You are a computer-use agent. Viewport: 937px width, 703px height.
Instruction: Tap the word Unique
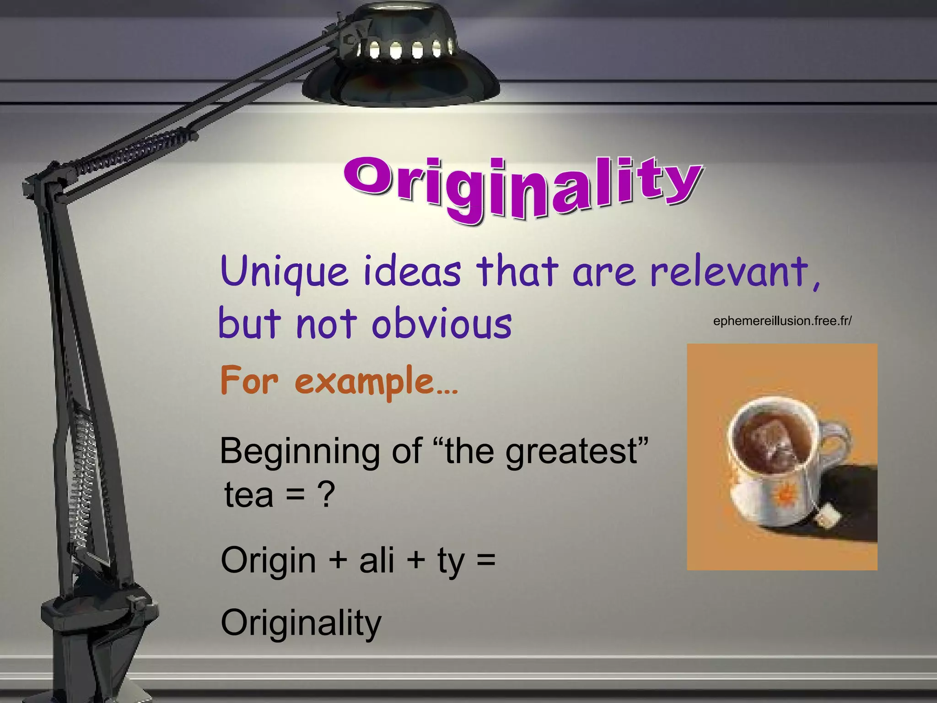point(284,272)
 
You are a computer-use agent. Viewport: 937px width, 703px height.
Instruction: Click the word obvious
point(442,324)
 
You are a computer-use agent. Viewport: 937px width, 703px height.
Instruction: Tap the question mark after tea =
point(326,496)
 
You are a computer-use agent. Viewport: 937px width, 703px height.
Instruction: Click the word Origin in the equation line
point(268,561)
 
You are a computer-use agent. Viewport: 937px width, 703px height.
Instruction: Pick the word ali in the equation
point(376,561)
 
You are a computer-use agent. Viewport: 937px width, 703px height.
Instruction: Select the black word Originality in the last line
point(301,623)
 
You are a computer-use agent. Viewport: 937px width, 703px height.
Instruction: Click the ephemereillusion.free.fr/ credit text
point(782,321)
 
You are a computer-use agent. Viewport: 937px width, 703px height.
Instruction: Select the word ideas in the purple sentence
point(412,272)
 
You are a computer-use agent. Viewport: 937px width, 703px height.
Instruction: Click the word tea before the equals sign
point(249,496)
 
